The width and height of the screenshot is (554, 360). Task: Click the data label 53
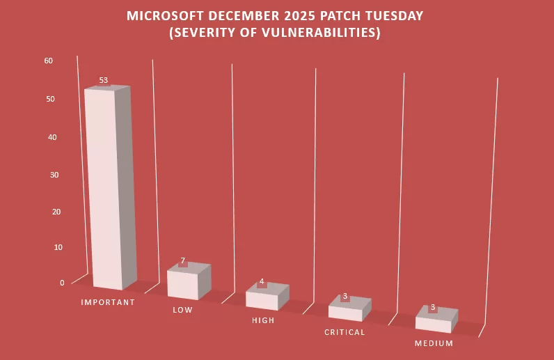pos(103,81)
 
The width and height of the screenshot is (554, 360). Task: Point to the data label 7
pos(183,261)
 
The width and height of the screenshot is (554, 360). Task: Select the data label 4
pos(262,282)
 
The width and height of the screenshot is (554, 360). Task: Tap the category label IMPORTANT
pos(108,302)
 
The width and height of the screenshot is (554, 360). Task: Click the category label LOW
pos(182,310)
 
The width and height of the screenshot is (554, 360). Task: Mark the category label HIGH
pos(263,320)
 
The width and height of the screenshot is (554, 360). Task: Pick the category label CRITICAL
pos(345,332)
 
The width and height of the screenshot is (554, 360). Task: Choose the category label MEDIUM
pos(434,343)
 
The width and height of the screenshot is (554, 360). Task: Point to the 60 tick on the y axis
pos(48,61)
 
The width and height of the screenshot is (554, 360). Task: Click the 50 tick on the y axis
pos(51,99)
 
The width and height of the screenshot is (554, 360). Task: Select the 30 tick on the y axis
pos(54,175)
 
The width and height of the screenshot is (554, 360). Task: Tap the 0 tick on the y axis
pos(62,283)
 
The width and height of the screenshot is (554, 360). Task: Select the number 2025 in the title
pos(297,15)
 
